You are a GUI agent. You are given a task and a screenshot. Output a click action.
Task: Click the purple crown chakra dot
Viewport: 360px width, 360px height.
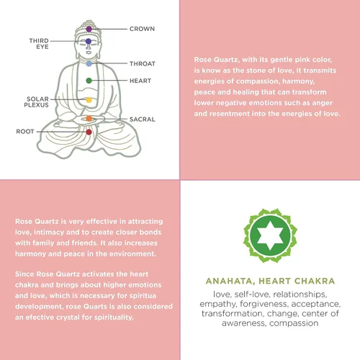point(89,30)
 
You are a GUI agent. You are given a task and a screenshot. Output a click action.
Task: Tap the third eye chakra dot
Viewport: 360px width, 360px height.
point(89,41)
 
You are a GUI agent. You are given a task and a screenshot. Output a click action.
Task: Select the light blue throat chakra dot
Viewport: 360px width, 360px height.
point(89,63)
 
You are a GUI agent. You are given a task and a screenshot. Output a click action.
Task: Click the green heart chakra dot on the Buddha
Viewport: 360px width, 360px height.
point(89,81)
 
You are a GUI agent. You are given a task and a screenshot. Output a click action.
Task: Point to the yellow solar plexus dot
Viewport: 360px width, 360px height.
point(89,100)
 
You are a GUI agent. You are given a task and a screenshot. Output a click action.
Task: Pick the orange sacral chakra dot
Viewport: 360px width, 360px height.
point(89,118)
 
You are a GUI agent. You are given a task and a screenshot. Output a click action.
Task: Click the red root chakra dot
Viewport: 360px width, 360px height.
point(89,132)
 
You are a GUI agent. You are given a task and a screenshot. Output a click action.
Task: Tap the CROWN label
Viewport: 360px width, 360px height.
point(142,29)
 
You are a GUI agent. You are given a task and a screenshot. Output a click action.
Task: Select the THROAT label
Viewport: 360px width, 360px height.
point(143,64)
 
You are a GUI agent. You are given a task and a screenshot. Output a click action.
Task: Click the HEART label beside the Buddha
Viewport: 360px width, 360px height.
point(140,81)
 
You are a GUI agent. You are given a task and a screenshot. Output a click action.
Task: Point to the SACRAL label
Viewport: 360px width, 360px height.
point(143,120)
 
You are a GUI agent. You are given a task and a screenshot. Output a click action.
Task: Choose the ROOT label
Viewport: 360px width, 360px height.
point(25,132)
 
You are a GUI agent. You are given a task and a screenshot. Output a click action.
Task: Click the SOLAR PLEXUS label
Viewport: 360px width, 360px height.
point(37,102)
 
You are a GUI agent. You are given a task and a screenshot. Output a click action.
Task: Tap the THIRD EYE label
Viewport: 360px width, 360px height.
point(39,44)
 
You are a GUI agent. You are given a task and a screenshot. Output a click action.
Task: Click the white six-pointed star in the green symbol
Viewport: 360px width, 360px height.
point(270,235)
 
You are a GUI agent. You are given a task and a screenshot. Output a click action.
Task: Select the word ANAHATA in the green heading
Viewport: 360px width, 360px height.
point(229,281)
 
